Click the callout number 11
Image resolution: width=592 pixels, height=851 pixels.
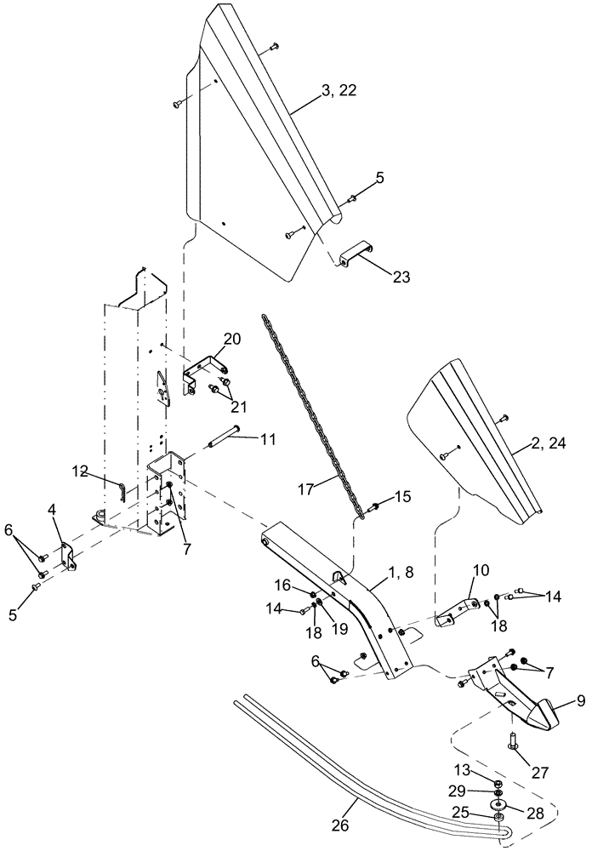(268, 440)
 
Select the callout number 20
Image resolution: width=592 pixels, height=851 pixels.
(232, 339)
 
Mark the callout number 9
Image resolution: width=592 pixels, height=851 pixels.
(556, 703)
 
